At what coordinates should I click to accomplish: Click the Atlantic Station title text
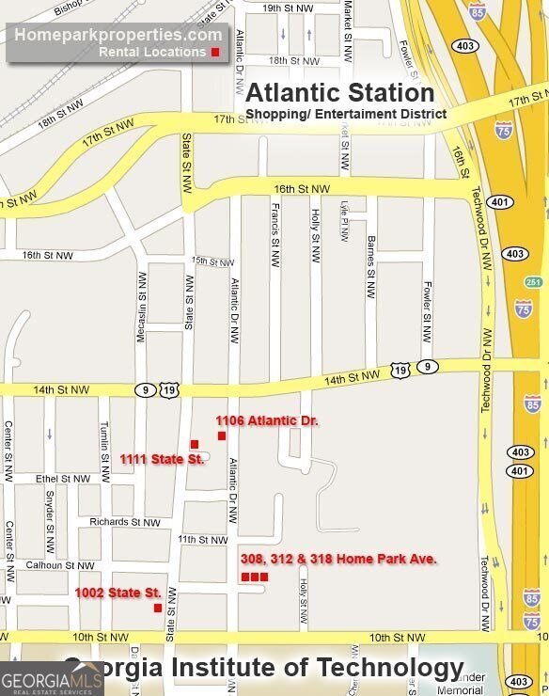pyautogui.click(x=339, y=93)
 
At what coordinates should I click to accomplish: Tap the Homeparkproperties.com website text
pyautogui.click(x=118, y=35)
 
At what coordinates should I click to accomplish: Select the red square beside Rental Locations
pyautogui.click(x=215, y=52)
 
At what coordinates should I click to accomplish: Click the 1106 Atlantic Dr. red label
pyautogui.click(x=267, y=420)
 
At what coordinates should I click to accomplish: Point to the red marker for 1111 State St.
pyautogui.click(x=195, y=444)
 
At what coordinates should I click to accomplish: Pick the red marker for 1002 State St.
pyautogui.click(x=158, y=608)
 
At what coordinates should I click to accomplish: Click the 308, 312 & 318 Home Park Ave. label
pyautogui.click(x=338, y=559)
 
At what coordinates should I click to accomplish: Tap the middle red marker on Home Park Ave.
pyautogui.click(x=255, y=577)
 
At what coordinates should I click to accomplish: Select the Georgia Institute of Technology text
pyautogui.click(x=263, y=668)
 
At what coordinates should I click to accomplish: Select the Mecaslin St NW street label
pyautogui.click(x=143, y=307)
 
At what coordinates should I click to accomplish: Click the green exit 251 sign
pyautogui.click(x=534, y=282)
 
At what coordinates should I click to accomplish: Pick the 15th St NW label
pyautogui.click(x=211, y=261)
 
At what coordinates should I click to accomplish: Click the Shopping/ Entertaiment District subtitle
pyautogui.click(x=346, y=115)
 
